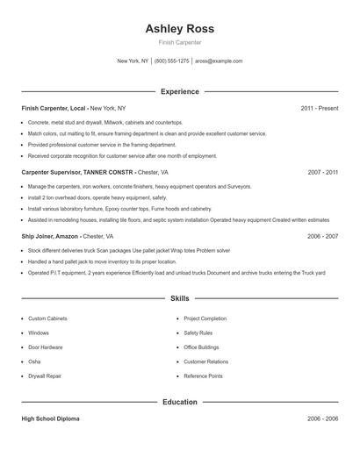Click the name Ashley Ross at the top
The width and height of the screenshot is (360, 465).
coord(180,28)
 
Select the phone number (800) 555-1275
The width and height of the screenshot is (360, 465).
coord(171,61)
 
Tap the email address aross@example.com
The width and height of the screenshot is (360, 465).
coord(219,61)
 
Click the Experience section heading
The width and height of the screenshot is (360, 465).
coord(180,91)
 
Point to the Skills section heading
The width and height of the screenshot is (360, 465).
coord(180,299)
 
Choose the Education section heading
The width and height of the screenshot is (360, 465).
coord(180,402)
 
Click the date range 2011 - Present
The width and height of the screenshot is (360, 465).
coord(320,108)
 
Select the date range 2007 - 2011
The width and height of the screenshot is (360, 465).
coord(323,173)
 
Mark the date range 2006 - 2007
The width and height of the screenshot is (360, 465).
coord(323,236)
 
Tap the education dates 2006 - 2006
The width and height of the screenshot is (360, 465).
coord(323,418)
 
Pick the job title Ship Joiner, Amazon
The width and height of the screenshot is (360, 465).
coord(50,236)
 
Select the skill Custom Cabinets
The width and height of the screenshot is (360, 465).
coord(50,318)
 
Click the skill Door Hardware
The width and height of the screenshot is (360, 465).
coord(46,347)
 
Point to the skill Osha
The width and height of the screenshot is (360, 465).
coord(34,361)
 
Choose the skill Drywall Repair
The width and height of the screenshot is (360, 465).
coord(45,376)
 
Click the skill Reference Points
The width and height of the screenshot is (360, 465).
coord(204,376)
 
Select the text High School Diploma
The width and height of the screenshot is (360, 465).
coord(50,418)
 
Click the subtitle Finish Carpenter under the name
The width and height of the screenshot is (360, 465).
coord(180,42)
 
